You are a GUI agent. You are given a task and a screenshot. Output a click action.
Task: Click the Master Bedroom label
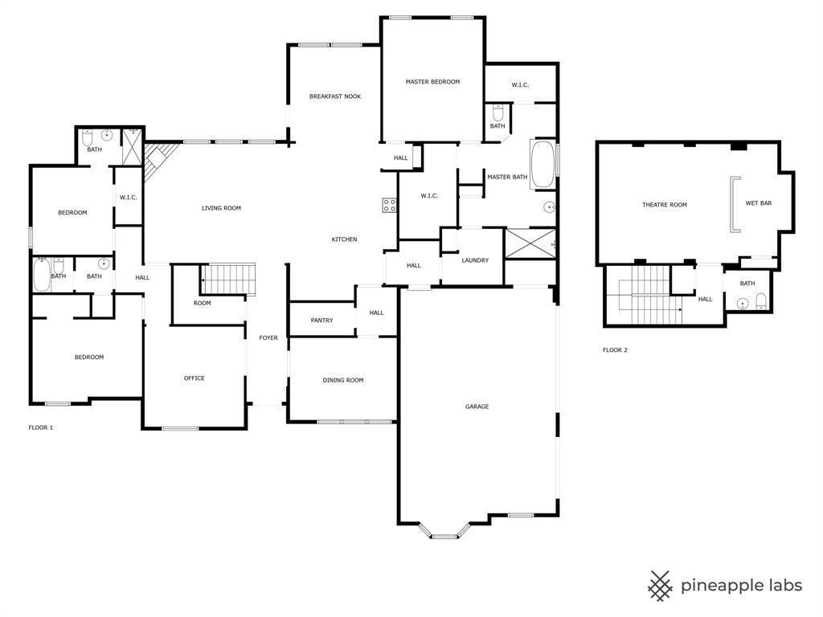[x=432, y=82]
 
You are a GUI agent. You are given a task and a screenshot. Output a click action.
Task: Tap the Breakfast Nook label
[x=335, y=96]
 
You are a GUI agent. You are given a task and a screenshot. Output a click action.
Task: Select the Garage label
[x=477, y=407]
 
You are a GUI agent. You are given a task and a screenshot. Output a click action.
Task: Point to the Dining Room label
[x=343, y=380]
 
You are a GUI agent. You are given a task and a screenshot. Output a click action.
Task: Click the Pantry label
[x=321, y=321]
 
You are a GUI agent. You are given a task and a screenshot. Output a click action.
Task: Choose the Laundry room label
[x=475, y=260]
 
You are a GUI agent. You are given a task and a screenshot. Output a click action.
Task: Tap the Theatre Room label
[x=665, y=205]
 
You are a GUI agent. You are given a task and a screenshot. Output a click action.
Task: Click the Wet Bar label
[x=758, y=203]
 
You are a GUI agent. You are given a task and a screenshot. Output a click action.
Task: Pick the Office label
[x=194, y=378]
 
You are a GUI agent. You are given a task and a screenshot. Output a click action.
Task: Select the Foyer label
[x=268, y=337]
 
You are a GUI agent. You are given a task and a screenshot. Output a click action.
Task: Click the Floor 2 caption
[x=615, y=350]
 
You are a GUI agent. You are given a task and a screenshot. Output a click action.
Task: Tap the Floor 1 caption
[x=41, y=427]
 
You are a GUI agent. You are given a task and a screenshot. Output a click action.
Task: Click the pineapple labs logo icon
[x=660, y=586]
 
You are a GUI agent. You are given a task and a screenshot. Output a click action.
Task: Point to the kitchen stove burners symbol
[x=389, y=205]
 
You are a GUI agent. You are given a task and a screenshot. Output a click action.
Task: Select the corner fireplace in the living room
[x=158, y=157]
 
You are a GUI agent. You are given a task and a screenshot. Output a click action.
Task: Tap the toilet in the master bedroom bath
[x=497, y=113]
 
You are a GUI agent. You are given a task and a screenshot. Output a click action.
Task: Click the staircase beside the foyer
[x=228, y=280]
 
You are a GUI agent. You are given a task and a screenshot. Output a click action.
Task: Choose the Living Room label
[x=221, y=208]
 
